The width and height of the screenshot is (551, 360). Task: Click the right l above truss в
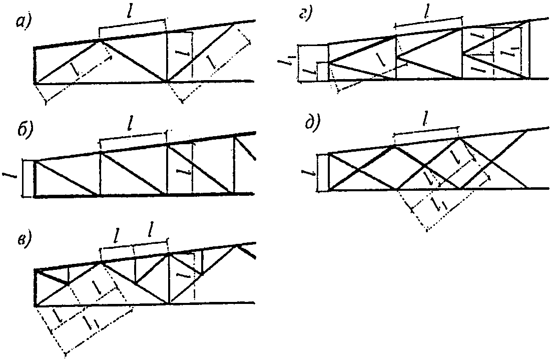152,231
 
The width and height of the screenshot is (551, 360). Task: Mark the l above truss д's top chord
426,120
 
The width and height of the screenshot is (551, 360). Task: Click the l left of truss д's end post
309,173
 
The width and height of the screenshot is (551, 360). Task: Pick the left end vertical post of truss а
35,66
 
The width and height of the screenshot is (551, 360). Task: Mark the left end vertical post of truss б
35,178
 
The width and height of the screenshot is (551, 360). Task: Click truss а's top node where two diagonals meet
100,41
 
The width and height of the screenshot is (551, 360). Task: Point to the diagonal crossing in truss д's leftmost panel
359,171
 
